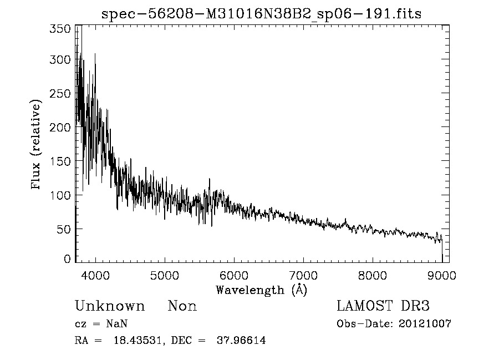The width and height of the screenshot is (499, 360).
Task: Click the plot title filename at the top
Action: point(261,14)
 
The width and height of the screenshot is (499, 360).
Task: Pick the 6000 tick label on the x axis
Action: point(234,275)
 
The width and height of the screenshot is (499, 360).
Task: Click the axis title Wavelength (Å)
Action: point(261,290)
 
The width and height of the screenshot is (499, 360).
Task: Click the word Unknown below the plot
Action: point(110,306)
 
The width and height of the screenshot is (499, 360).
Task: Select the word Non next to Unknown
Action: point(182,306)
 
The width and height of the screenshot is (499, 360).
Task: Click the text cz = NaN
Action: point(103,324)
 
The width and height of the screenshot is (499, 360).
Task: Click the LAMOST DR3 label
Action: point(383,306)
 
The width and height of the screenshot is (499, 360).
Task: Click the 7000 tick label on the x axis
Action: point(303,275)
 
